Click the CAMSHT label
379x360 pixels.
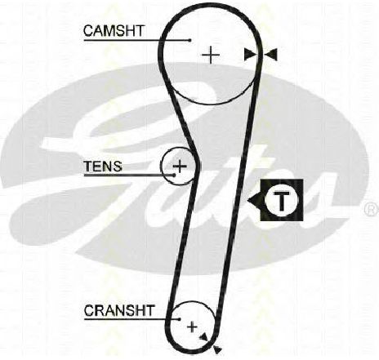(x=114, y=30)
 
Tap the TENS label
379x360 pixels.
(x=103, y=166)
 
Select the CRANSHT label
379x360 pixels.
(x=119, y=310)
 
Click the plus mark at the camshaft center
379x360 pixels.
(x=211, y=56)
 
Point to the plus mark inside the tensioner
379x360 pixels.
(x=180, y=166)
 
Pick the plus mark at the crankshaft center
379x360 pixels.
(x=192, y=327)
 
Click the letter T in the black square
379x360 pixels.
(x=282, y=200)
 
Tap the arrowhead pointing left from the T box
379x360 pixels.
(x=254, y=200)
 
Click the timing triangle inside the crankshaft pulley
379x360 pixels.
(x=203, y=337)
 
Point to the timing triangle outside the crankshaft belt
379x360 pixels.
(x=218, y=349)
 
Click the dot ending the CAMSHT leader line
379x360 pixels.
(x=189, y=40)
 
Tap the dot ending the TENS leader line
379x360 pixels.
(x=174, y=175)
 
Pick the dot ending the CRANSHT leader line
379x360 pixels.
(x=180, y=319)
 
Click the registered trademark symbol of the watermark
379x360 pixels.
(x=372, y=209)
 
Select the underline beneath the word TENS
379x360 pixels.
(x=129, y=175)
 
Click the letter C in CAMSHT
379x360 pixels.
(x=89, y=31)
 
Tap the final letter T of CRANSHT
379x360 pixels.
(x=149, y=310)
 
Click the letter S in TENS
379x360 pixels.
(x=118, y=167)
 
